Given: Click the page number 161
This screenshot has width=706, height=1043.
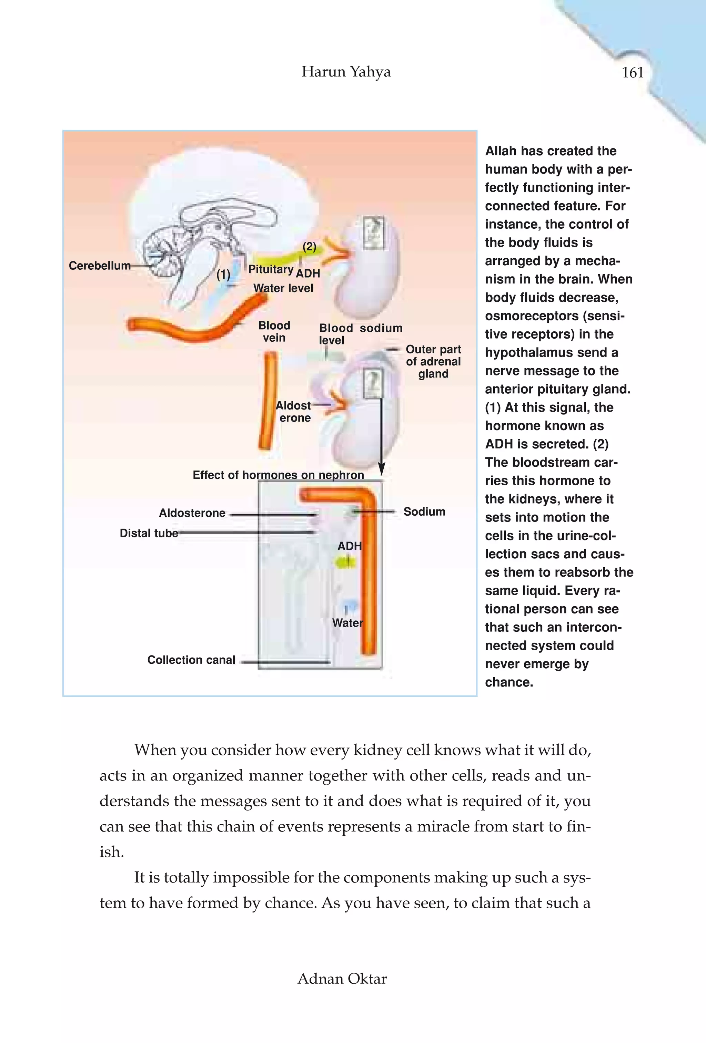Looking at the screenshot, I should tap(632, 72).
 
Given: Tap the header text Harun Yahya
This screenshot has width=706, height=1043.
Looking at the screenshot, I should tap(346, 71).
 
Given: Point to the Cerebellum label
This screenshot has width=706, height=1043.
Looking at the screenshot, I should tap(99, 266).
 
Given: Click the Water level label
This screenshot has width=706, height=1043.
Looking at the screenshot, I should tap(283, 288).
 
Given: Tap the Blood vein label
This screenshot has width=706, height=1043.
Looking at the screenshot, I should tap(274, 332).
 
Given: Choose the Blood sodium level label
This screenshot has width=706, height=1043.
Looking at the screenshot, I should tap(360, 333).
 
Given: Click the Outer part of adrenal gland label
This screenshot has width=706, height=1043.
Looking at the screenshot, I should tap(433, 361).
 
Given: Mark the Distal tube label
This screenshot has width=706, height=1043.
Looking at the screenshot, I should tap(149, 533).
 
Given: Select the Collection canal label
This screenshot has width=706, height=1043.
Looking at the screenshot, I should tap(191, 660).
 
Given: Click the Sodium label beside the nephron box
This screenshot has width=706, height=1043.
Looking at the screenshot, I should tap(424, 512).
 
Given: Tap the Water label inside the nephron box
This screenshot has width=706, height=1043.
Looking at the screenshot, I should tap(347, 623).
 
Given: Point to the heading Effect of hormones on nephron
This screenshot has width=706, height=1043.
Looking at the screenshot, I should tap(278, 475).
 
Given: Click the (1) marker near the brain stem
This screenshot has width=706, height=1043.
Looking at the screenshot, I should tap(223, 274).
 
